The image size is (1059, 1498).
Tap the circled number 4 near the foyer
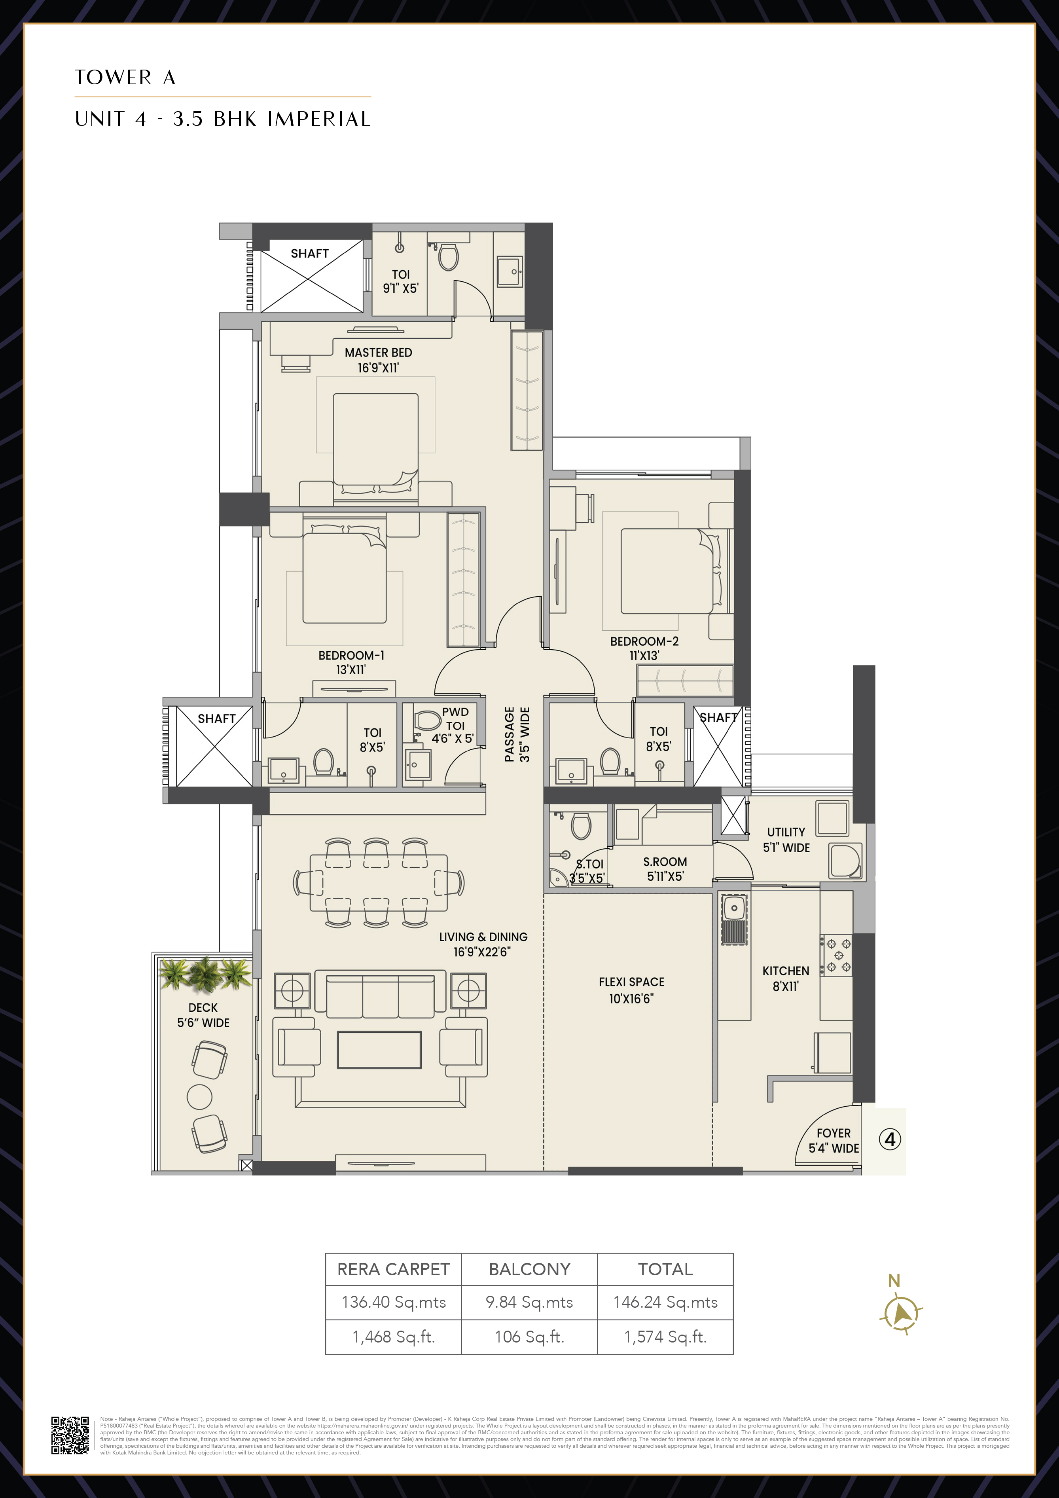[890, 1140]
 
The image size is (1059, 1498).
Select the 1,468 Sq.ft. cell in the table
[394, 1337]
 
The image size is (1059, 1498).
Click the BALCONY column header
[529, 1269]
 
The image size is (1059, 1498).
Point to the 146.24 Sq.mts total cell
[665, 1302]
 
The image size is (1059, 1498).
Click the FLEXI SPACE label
[631, 990]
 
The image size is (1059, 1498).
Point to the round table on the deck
[200, 1097]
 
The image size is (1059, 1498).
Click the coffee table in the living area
[379, 1050]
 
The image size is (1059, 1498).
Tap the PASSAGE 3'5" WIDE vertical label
[517, 734]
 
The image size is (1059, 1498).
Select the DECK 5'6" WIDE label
[203, 1015]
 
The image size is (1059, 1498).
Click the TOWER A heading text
[125, 78]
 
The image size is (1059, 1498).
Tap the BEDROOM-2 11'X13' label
[644, 648]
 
